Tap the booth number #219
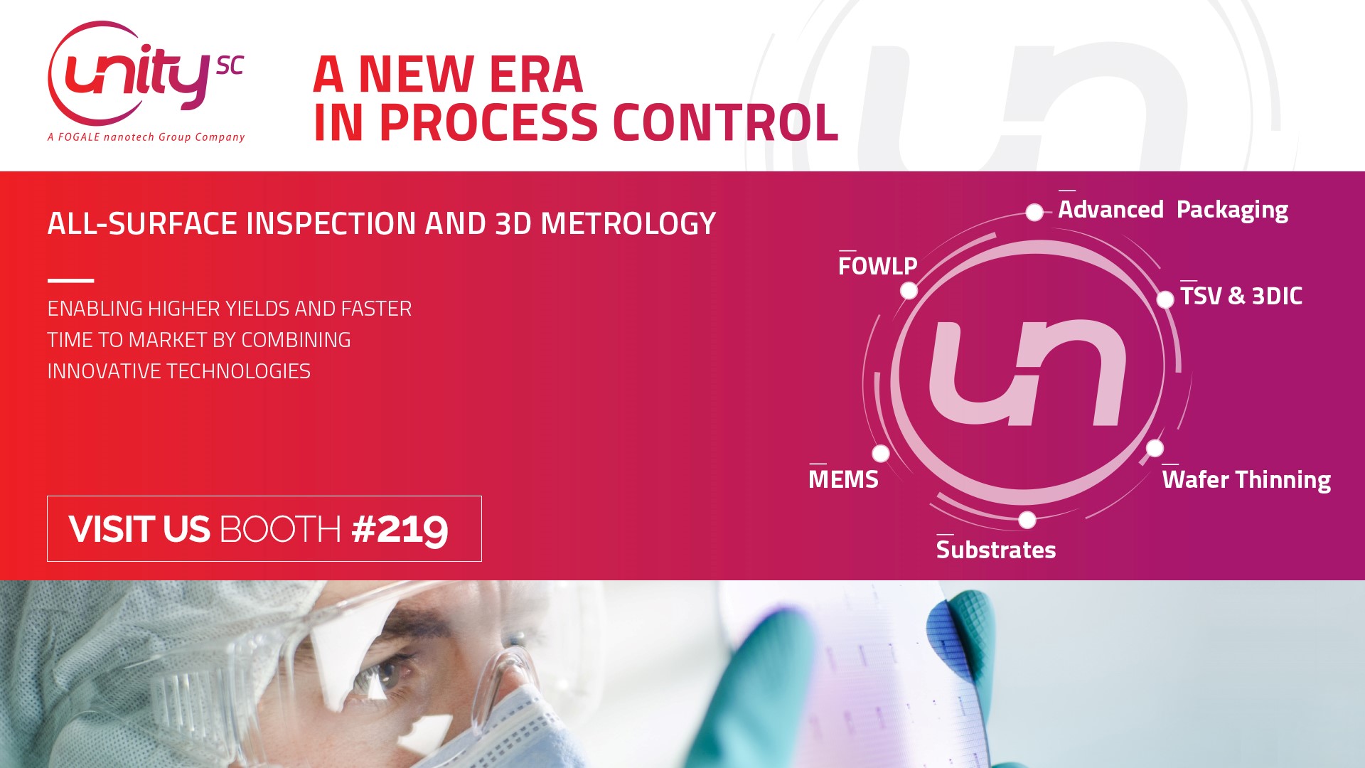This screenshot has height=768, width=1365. click(400, 529)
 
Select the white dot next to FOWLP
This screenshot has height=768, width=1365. click(909, 290)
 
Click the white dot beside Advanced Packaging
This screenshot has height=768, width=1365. click(1034, 212)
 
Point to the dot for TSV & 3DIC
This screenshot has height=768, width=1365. click(1165, 299)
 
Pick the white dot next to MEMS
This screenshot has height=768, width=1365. click(880, 453)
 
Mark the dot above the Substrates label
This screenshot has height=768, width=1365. click(1027, 520)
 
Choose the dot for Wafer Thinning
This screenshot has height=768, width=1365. click(1155, 448)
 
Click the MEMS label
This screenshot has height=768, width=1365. click(843, 479)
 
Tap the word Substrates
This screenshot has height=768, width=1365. click(995, 550)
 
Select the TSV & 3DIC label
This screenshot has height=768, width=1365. click(1241, 296)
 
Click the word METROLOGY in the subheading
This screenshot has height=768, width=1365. click(628, 224)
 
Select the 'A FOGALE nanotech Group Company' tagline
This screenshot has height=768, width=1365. click(146, 137)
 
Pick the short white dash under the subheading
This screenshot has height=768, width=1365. click(70, 280)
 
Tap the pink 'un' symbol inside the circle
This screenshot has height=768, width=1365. click(1028, 373)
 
